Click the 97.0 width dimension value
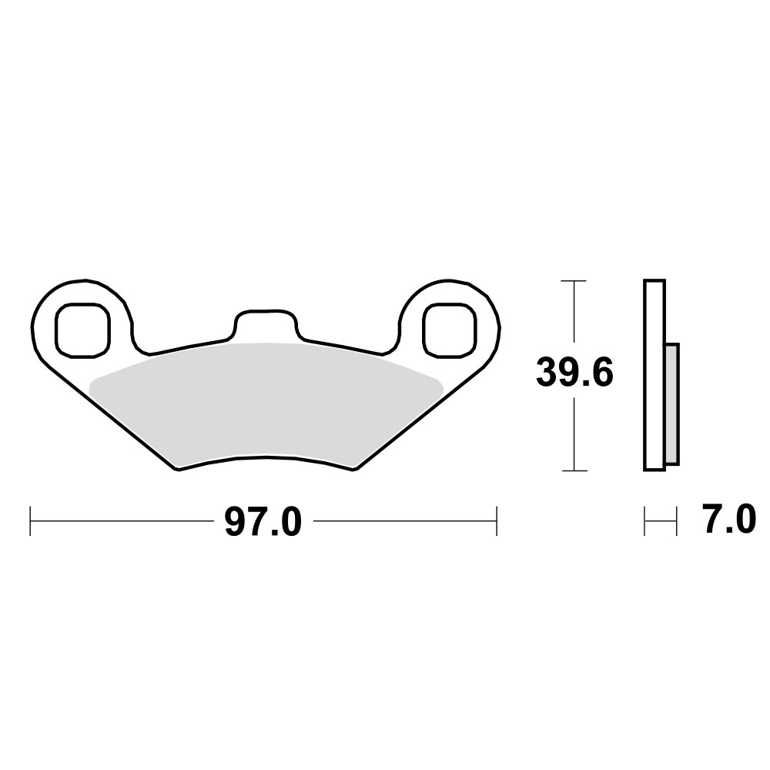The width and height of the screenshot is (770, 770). (x=262, y=523)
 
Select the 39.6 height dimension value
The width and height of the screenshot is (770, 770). (x=574, y=375)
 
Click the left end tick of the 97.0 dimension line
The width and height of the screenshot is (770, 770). (x=30, y=521)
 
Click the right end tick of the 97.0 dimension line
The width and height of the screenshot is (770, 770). (x=497, y=521)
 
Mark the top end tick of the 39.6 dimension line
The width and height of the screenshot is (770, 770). (x=574, y=281)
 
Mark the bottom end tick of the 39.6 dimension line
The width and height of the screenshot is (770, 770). (x=574, y=470)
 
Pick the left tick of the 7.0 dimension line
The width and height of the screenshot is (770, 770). (x=644, y=521)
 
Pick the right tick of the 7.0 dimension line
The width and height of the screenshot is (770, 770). (x=675, y=521)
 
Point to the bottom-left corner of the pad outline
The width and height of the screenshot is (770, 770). (x=179, y=470)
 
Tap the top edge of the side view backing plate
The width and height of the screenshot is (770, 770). (x=654, y=281)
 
